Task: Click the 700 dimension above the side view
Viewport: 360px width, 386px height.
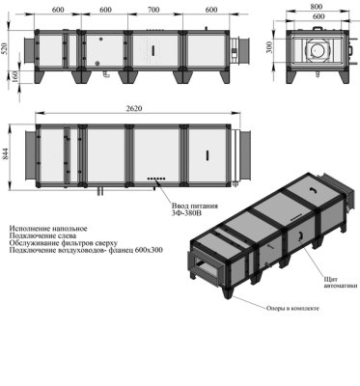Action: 152,10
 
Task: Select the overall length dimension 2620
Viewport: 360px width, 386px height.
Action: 135,109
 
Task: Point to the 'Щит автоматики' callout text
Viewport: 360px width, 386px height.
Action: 337,281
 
